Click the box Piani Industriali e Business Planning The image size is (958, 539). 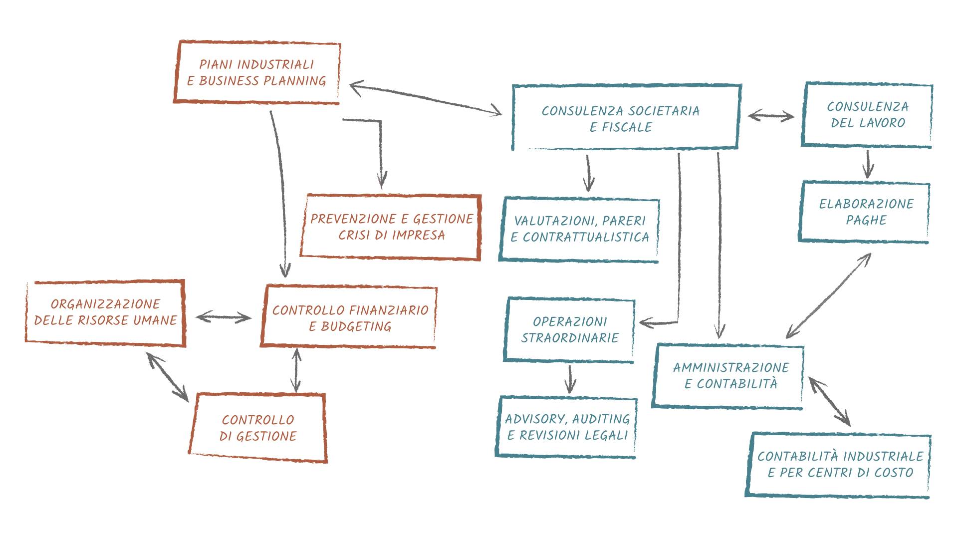(x=256, y=72)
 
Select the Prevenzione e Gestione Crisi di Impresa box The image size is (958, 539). (x=391, y=227)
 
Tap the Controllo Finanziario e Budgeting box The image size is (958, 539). (x=349, y=317)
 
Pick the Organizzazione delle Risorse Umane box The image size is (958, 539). (x=105, y=312)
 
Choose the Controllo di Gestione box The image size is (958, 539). (x=257, y=428)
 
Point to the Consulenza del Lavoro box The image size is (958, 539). (x=867, y=115)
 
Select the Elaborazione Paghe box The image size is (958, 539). (x=866, y=212)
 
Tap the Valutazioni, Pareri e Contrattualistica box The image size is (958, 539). (x=580, y=229)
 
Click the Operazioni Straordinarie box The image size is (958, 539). (x=570, y=330)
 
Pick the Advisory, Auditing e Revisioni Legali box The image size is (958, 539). (x=567, y=427)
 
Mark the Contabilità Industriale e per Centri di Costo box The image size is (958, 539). (x=840, y=465)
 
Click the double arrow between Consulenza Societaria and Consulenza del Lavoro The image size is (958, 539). (x=771, y=116)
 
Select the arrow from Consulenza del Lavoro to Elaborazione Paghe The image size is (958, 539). (x=869, y=164)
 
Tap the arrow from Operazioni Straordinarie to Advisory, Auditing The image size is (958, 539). (x=570, y=379)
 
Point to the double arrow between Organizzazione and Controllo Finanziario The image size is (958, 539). (x=224, y=317)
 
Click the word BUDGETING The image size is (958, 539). (x=356, y=326)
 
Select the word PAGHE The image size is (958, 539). (x=866, y=220)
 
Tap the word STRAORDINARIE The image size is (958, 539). (x=570, y=338)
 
